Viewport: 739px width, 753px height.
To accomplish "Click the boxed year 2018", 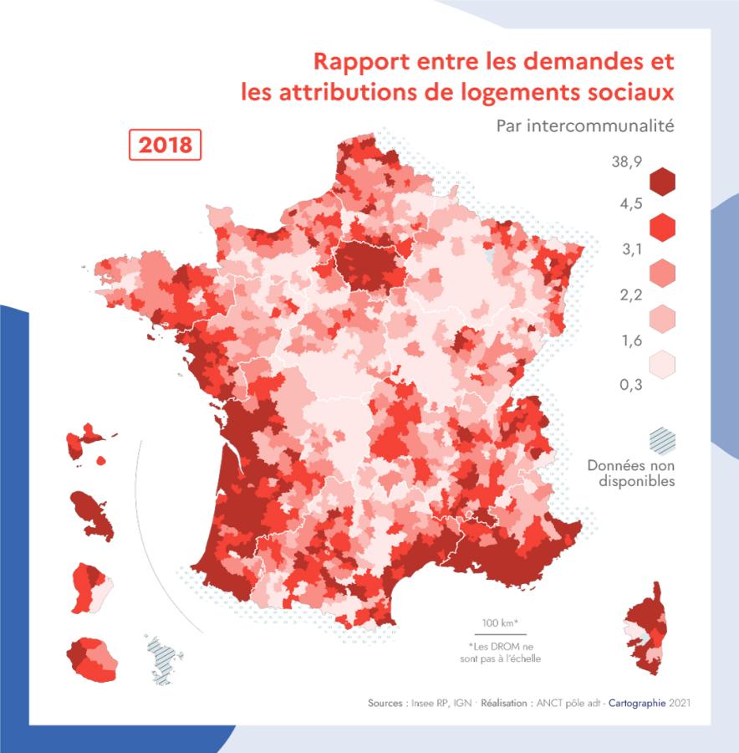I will tap(165, 144).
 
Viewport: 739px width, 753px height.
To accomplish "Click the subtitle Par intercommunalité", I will tap(584, 126).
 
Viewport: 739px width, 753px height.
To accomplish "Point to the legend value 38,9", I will tap(626, 162).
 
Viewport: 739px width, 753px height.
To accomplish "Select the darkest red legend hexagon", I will tap(661, 182).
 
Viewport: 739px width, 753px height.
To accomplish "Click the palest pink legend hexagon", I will tap(661, 364).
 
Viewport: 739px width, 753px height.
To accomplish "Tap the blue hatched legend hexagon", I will tap(661, 440).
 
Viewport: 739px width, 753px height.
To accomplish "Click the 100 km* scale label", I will tap(500, 623).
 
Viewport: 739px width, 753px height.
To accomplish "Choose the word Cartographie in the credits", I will tap(638, 704).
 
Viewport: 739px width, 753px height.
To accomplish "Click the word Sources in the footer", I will tap(387, 704).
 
